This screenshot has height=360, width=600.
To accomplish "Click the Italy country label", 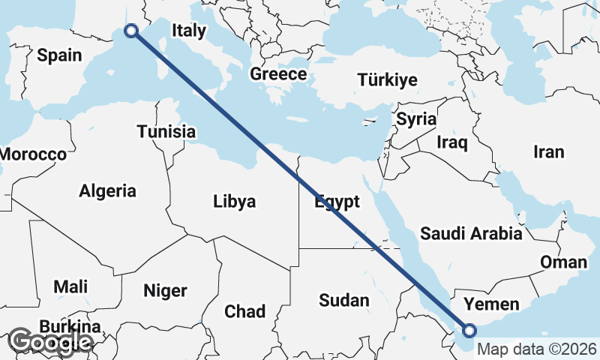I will coord(188,31).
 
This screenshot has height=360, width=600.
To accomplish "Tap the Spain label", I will coord(58,55).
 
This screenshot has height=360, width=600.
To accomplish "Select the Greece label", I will coord(278,74).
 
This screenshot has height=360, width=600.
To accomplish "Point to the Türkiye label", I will coord(387,79).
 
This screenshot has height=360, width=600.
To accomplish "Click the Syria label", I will coord(416,118).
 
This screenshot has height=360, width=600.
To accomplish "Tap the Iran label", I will coord(548,151).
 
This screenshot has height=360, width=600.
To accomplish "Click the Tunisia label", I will coord(166,132).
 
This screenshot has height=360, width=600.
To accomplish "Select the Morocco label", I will coord(33,154).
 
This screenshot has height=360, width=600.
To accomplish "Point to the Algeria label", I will coord(107,190).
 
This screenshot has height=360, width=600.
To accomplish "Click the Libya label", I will coord(234,201).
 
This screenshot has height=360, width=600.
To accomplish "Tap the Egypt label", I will coord(337,202).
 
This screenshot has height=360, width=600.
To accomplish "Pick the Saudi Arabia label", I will coord(471,233).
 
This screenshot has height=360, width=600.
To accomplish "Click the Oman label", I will coord(563,262).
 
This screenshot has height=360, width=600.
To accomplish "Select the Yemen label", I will coord(491,304).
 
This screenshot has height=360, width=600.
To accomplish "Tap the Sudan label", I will coord(343,301).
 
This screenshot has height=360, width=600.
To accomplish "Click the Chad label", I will coord(244,310).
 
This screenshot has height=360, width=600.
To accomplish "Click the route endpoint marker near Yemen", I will coord(469,330).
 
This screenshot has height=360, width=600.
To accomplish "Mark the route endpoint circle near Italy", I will coord(132,31).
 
